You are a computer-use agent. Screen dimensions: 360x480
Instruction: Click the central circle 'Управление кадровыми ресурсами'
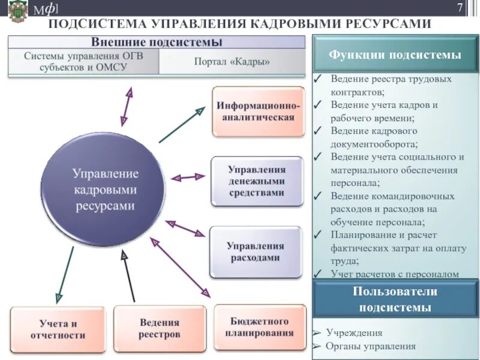(105, 189)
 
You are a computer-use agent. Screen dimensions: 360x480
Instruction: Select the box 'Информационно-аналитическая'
(259, 111)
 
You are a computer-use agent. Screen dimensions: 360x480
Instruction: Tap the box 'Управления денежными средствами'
(256, 181)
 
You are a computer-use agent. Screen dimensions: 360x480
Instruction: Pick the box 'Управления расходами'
(255, 251)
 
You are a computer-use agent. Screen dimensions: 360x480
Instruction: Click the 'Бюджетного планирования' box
(260, 327)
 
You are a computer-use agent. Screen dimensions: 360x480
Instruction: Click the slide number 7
(460, 8)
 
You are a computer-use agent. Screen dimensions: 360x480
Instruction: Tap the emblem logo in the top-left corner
(17, 11)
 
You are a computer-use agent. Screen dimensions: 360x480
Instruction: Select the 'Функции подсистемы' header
(395, 55)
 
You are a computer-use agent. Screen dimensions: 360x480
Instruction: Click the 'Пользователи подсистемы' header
(395, 299)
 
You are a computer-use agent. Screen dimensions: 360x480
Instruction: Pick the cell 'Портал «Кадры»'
(232, 61)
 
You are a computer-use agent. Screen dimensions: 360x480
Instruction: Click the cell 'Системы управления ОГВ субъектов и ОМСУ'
(83, 61)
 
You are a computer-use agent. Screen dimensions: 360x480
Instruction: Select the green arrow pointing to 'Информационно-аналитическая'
(182, 125)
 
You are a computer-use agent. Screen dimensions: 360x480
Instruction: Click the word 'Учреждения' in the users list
(354, 333)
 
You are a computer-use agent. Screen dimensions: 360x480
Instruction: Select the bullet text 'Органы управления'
(370, 346)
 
